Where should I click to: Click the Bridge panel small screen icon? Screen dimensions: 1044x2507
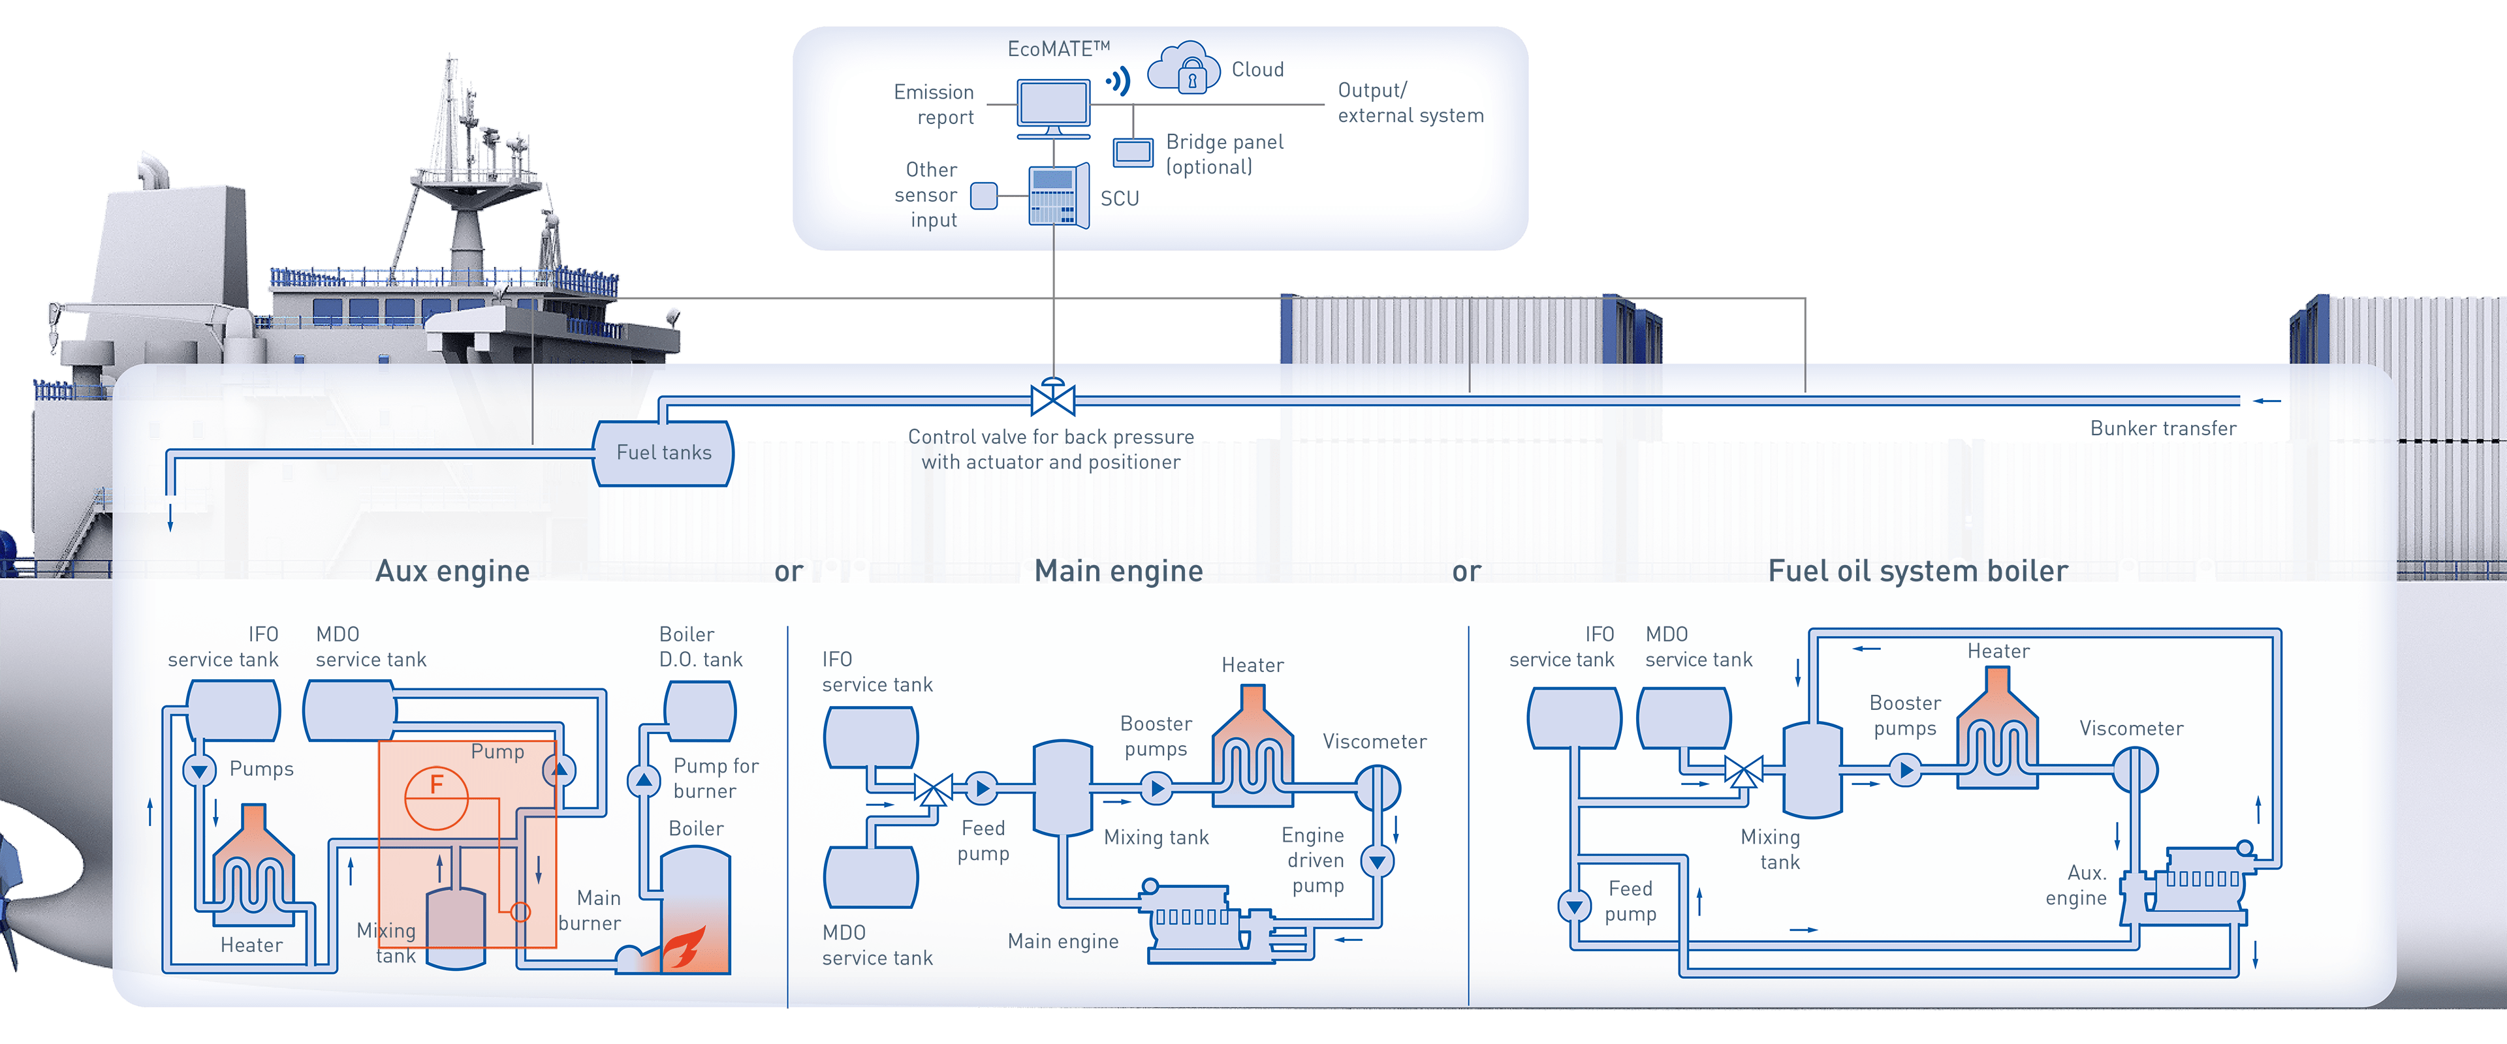pos(1133,152)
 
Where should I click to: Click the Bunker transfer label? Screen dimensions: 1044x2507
pos(2162,428)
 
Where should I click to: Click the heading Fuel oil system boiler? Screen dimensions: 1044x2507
pos(1917,570)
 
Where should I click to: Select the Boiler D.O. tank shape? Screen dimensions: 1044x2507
pos(700,711)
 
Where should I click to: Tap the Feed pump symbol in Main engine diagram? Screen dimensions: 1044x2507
pos(981,788)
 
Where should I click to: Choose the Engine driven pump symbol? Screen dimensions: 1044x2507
pos(1377,861)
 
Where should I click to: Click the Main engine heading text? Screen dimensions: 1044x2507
pos(1118,570)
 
